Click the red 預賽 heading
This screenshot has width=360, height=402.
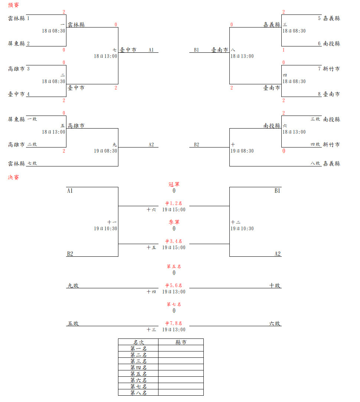tap(13, 5)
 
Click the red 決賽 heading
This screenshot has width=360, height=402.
tap(13, 177)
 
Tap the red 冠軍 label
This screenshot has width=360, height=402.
tap(174, 184)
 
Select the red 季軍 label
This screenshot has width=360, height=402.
tap(174, 222)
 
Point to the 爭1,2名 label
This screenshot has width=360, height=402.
tap(174, 203)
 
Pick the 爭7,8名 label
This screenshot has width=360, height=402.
tap(174, 323)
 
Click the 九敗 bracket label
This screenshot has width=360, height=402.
tap(73, 285)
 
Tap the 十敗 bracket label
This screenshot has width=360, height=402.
tap(275, 285)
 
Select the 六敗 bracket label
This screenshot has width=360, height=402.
tap(275, 323)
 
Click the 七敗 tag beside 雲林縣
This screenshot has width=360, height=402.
tap(32, 163)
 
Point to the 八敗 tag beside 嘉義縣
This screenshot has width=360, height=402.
tap(315, 163)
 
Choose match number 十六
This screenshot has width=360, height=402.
tap(151, 210)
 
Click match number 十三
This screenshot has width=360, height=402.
tap(151, 329)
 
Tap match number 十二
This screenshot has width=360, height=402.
tap(236, 222)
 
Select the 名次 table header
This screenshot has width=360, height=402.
tap(138, 342)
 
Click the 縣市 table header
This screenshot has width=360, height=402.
tap(181, 342)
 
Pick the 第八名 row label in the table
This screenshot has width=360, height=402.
tap(138, 393)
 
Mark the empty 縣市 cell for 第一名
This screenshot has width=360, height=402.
tap(181, 348)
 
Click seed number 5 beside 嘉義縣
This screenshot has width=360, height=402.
tap(319, 18)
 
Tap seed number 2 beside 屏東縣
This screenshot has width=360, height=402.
tap(28, 43)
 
